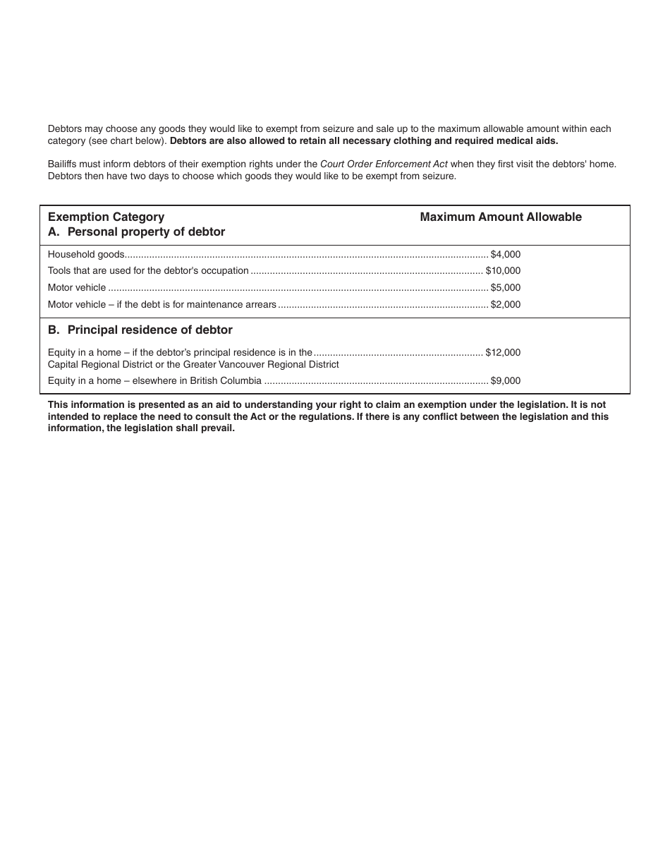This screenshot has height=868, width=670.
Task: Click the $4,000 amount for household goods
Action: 506,254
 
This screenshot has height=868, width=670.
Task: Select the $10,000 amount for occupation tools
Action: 503,270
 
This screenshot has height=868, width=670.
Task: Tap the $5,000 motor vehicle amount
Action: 506,287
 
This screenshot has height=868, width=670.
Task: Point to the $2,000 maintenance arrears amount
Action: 506,304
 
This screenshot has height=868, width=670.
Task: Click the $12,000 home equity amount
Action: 503,352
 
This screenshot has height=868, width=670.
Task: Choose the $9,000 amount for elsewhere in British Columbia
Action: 506,380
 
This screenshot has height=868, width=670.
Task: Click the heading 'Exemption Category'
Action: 106,217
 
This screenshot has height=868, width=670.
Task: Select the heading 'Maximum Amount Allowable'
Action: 501,217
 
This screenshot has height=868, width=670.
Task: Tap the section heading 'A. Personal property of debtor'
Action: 136,231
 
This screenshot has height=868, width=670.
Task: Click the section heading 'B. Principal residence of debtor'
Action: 140,330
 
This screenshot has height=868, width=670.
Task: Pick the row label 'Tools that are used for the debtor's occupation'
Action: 148,270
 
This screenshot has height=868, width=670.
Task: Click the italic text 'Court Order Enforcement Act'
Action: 384,164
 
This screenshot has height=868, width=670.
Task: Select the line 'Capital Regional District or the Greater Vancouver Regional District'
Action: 193,364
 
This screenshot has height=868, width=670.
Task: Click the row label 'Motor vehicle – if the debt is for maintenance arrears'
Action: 162,304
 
